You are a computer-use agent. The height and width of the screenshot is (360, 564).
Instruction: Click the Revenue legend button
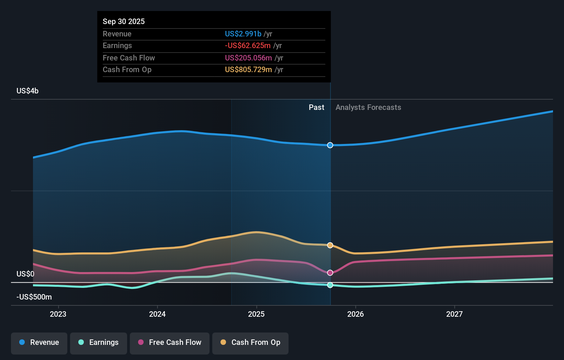click(39, 342)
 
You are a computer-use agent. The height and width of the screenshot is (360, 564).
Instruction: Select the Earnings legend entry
click(99, 342)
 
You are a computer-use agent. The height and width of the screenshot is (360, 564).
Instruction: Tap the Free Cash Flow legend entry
click(170, 342)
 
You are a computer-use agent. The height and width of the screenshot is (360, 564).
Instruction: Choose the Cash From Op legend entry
click(250, 342)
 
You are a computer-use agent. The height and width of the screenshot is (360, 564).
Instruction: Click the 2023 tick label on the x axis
click(58, 314)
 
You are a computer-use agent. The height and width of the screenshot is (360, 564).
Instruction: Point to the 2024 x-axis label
click(157, 314)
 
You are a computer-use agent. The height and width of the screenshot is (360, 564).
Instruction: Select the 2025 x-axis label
click(256, 314)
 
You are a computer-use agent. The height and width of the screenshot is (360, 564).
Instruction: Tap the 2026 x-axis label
click(356, 314)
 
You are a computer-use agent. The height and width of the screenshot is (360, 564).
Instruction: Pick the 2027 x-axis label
click(454, 314)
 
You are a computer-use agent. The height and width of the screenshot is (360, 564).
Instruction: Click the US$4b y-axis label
click(27, 91)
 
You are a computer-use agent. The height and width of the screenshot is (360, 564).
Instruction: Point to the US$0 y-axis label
click(25, 274)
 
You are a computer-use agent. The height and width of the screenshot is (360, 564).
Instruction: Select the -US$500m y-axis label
click(34, 297)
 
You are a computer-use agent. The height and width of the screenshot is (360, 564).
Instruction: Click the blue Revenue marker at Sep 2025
click(330, 145)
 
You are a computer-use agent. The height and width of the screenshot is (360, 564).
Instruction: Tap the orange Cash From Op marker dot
click(330, 245)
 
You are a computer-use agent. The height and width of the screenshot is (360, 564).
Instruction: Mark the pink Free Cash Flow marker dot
click(330, 273)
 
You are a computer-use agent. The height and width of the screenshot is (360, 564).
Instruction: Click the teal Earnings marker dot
click(330, 285)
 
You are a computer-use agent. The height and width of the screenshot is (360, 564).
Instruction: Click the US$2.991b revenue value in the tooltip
click(243, 34)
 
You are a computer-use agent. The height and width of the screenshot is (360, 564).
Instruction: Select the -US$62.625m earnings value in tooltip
click(248, 46)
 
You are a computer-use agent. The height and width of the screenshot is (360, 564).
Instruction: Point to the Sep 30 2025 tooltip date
click(124, 21)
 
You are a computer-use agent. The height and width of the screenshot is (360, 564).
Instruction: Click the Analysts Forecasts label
click(368, 108)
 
